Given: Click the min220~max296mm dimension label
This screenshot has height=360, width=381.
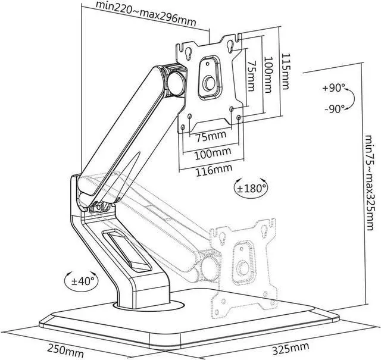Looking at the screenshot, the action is click(146, 14).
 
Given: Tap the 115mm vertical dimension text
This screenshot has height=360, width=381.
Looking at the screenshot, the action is click(285, 71).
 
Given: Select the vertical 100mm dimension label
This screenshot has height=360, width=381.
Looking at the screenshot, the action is click(268, 75).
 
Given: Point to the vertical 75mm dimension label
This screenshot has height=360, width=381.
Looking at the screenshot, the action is click(251, 76).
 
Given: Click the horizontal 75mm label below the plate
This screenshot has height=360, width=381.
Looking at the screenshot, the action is click(211, 136).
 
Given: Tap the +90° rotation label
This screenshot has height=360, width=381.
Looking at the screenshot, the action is click(333, 87).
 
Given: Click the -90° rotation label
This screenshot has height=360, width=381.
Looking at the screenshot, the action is click(335, 109).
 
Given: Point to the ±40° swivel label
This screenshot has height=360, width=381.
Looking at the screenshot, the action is click(83, 281).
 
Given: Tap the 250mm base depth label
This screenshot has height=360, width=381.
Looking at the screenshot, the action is click(65, 350).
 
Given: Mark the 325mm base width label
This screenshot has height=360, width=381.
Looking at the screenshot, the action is click(291, 348).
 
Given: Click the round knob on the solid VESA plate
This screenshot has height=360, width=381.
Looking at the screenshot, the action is click(209, 83).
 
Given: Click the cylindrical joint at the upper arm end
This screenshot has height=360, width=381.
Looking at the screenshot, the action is click(176, 84).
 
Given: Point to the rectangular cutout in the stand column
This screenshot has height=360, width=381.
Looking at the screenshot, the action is click(126, 252).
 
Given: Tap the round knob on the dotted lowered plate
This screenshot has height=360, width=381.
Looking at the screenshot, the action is click(243, 268).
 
